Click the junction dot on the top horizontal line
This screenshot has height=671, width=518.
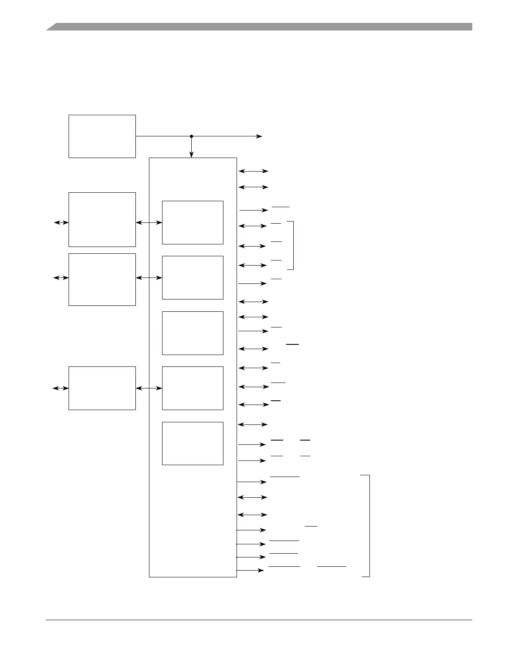click(x=191, y=136)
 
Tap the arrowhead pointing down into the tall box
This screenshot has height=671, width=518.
click(x=191, y=155)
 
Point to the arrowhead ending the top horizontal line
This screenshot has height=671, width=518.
click(x=259, y=136)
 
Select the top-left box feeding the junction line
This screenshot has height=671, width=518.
click(x=102, y=136)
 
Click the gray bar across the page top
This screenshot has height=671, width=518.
click(x=259, y=27)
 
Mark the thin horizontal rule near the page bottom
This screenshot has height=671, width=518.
click(x=259, y=620)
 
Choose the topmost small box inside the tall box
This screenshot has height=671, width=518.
click(x=193, y=222)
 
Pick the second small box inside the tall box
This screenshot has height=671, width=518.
click(x=193, y=277)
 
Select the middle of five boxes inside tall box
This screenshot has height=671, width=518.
click(x=193, y=333)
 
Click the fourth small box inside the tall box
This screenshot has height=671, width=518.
click(x=193, y=388)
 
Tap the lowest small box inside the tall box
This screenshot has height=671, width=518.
click(x=193, y=443)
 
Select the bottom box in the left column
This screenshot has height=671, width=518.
click(x=102, y=388)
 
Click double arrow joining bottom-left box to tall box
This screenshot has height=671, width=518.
click(x=149, y=388)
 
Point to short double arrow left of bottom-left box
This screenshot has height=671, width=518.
click(x=61, y=388)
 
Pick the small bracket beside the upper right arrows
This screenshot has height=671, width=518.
click(x=292, y=245)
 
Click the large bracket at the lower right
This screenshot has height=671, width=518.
click(x=368, y=526)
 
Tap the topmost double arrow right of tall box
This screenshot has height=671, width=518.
click(x=253, y=171)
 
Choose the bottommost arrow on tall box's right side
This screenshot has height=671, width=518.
click(x=250, y=571)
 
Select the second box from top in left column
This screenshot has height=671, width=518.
click(x=102, y=219)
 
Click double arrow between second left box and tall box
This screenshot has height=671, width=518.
click(x=149, y=222)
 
